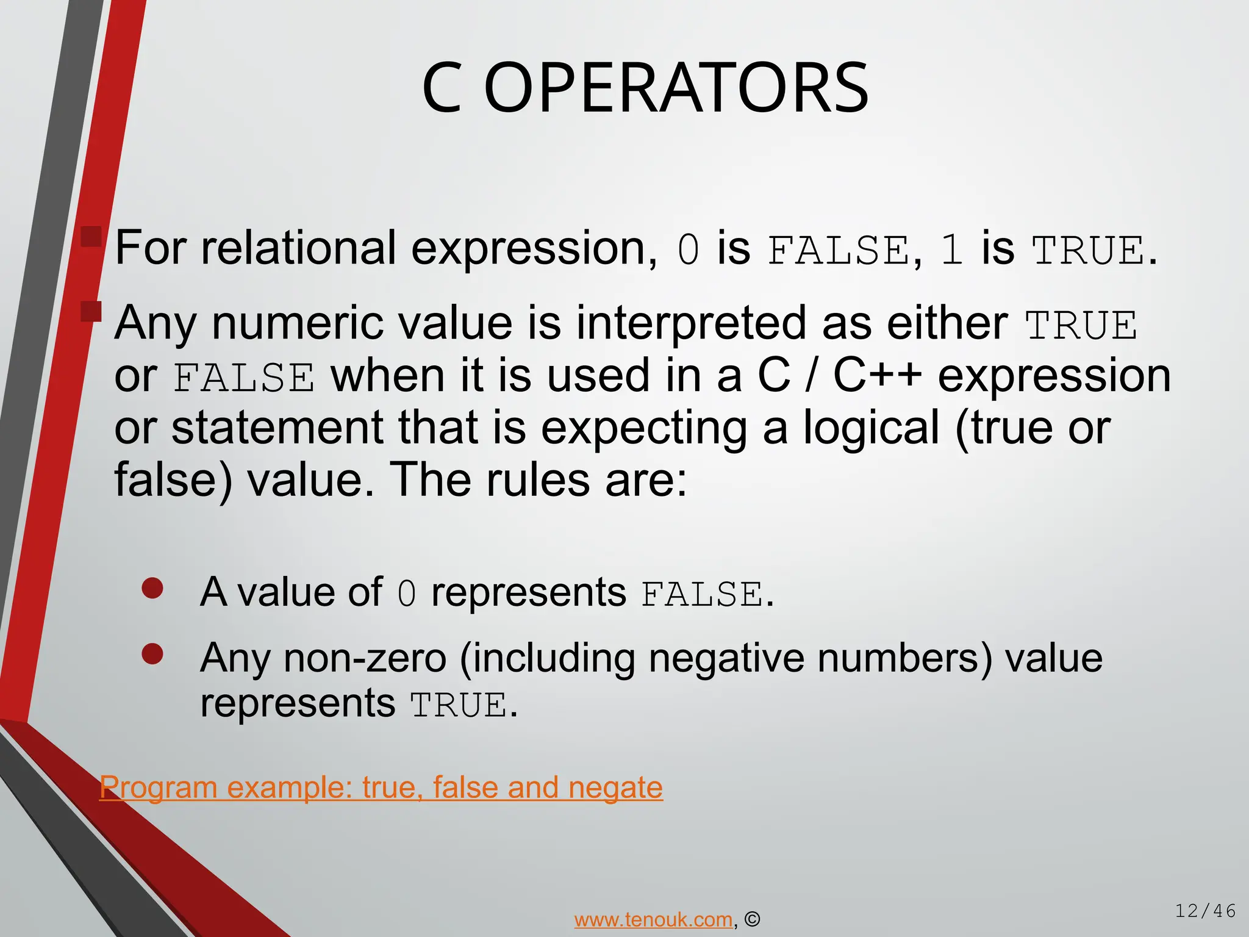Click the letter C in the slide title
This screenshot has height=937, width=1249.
coord(442,88)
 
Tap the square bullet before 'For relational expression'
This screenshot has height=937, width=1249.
coord(91,237)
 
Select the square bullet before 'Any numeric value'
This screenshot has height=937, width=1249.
coord(91,311)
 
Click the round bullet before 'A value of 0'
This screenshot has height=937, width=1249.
coord(152,588)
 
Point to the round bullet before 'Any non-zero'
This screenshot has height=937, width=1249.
coord(152,654)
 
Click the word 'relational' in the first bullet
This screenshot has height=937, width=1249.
coord(299,248)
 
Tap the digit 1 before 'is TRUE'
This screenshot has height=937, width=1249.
coord(951,250)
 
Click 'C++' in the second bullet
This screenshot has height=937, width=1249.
coord(877,375)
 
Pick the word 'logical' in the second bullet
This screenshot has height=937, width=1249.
coord(871,428)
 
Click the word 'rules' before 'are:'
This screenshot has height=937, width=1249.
coord(538,480)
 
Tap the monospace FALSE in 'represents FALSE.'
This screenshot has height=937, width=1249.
coord(701,594)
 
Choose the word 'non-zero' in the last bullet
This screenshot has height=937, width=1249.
coord(365,659)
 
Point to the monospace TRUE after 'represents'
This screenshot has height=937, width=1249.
coord(459,706)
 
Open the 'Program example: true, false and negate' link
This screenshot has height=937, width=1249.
coord(381,788)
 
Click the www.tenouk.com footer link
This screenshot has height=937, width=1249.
coord(653,919)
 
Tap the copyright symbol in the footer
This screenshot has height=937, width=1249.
coord(753,919)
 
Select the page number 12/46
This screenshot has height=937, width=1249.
coord(1205,911)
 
